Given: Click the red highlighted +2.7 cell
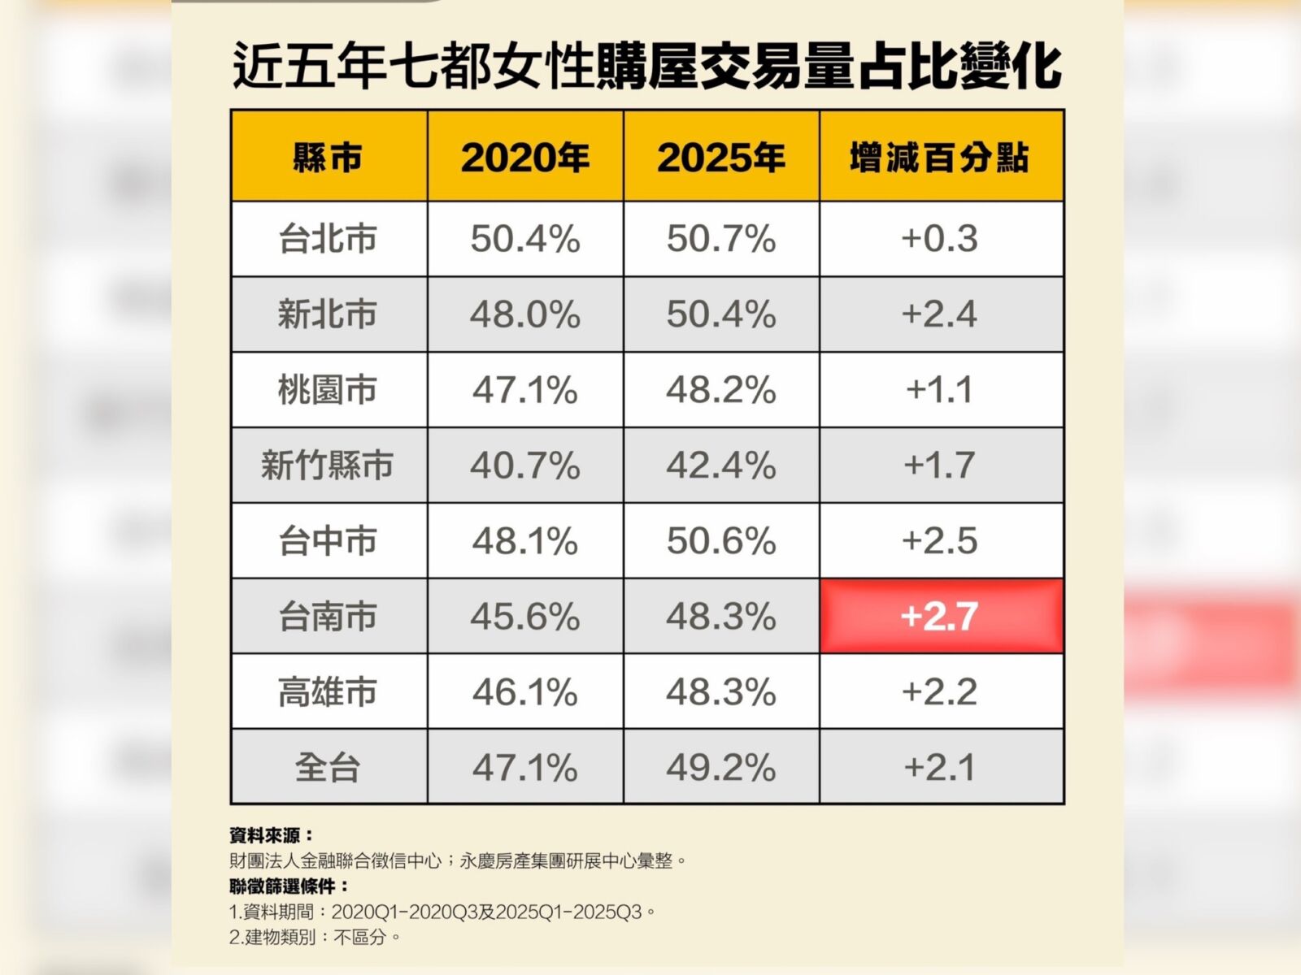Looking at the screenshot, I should pyautogui.click(x=941, y=616).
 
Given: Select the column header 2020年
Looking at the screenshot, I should pyautogui.click(x=524, y=157).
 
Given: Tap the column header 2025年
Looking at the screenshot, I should pyautogui.click(x=721, y=157).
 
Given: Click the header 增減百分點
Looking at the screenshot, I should pyautogui.click(x=940, y=157).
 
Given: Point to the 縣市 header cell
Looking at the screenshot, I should pyautogui.click(x=328, y=157).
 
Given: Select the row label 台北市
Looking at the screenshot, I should pyautogui.click(x=328, y=239).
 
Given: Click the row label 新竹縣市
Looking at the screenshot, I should pyautogui.click(x=328, y=466).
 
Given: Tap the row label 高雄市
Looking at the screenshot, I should pyautogui.click(x=328, y=692).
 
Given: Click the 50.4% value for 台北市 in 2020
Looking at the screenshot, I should pyautogui.click(x=524, y=239).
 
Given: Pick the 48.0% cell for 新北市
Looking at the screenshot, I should pyautogui.click(x=524, y=314).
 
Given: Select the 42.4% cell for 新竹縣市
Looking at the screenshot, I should pyautogui.click(x=721, y=466).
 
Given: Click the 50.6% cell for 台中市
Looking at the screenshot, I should pyautogui.click(x=721, y=541).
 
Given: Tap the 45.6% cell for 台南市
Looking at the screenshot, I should pyautogui.click(x=524, y=617).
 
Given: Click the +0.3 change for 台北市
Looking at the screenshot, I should pyautogui.click(x=940, y=239).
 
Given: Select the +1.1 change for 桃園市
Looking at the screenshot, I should pyautogui.click(x=940, y=390).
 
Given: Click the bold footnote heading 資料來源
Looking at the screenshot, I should pyautogui.click(x=271, y=835).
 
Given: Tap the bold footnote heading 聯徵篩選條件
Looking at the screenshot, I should pyautogui.click(x=289, y=886).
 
